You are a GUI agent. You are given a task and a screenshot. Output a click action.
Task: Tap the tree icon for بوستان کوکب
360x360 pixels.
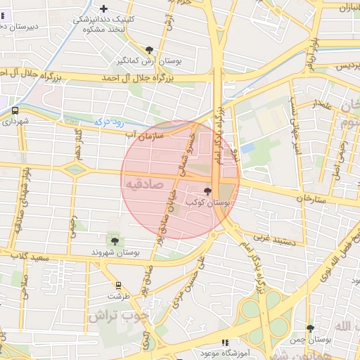tap(207, 191)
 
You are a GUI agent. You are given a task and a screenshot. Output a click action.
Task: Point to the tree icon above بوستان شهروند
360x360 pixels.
tap(115, 241)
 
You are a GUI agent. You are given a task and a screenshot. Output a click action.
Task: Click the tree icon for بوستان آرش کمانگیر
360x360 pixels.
tap(149, 49)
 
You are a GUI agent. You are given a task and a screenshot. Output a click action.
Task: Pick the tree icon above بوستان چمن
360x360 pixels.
tap(311, 328)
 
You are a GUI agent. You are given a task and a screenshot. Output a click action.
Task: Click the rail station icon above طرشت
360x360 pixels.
tap(118, 285)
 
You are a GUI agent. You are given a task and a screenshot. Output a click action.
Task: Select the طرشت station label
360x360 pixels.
tap(118, 296)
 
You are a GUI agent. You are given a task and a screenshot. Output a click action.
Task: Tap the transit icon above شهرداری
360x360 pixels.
tap(15, 110)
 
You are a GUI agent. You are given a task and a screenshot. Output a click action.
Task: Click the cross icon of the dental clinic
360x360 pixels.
tap(104, 9)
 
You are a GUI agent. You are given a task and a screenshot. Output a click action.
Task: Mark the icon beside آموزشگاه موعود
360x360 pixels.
tap(225, 342)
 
